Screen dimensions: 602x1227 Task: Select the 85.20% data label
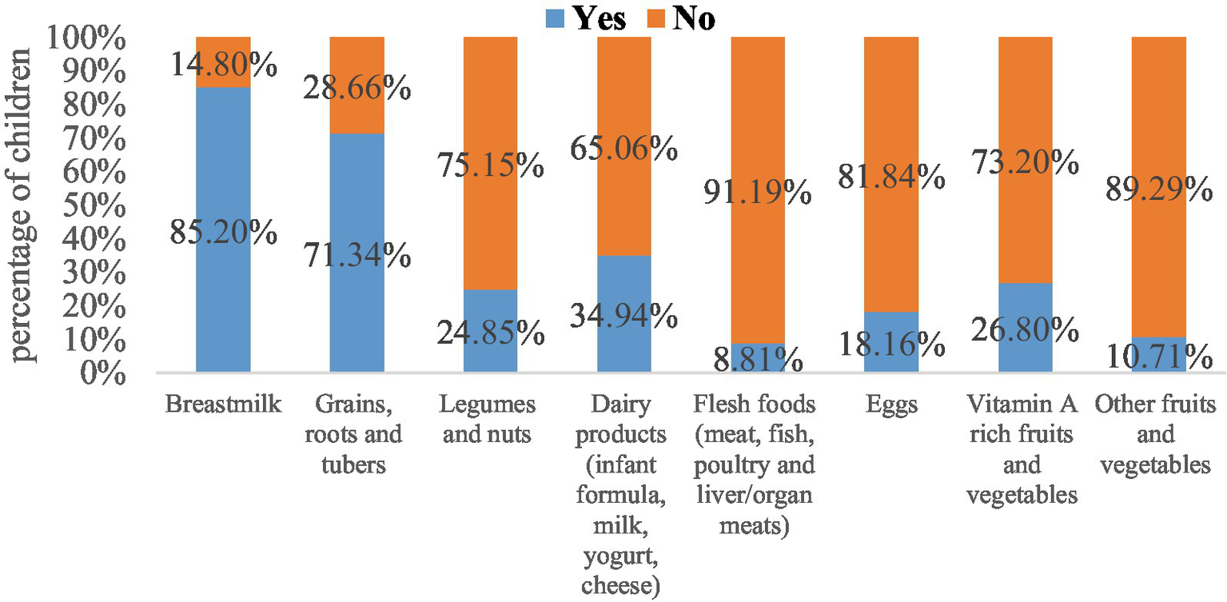point(223,233)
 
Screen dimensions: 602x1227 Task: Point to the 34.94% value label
point(624,317)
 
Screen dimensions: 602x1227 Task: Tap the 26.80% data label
point(1026,328)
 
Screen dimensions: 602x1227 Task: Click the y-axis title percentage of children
point(22,204)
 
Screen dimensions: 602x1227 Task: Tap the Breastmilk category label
point(223,405)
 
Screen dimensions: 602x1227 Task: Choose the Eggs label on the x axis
point(891,405)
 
